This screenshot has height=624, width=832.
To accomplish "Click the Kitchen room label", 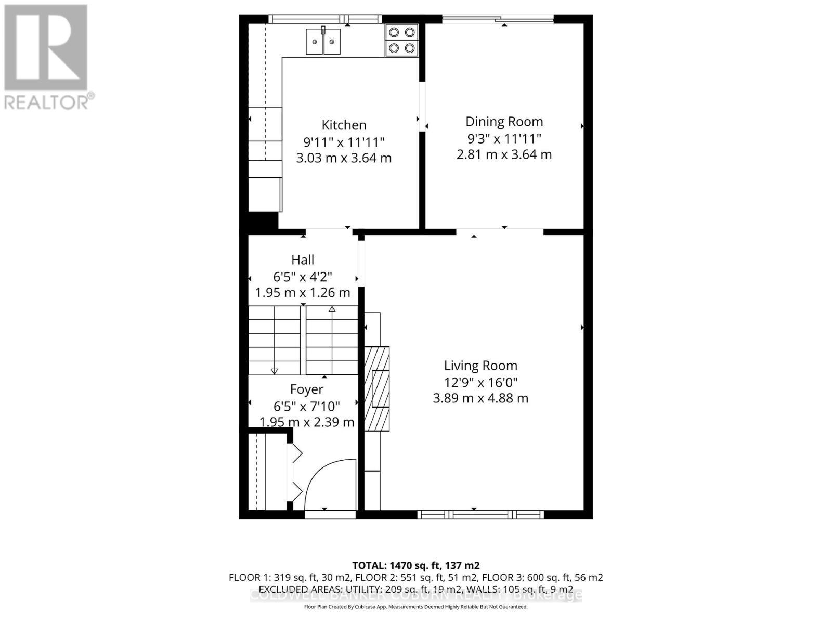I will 344,125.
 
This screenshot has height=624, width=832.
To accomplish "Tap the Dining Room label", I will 504,122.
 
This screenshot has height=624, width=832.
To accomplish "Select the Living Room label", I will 480,366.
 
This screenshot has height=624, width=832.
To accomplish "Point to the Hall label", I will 303,259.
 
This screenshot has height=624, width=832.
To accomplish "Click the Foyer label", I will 306,389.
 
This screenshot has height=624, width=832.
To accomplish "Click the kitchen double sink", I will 323,42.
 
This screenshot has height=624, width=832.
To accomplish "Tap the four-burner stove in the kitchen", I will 402,40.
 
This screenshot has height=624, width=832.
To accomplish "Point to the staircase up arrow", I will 332,309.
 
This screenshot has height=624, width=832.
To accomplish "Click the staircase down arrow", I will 274,371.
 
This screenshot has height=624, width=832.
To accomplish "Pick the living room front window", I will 480,515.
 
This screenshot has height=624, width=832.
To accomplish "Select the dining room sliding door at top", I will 498,20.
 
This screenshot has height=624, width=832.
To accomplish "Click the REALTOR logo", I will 47,57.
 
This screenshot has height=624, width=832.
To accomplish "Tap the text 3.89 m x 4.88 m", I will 480,399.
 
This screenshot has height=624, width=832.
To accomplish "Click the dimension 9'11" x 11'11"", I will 344,141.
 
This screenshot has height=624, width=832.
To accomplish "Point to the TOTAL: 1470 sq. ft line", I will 416,565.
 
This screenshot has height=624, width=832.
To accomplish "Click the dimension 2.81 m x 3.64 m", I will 504,154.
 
